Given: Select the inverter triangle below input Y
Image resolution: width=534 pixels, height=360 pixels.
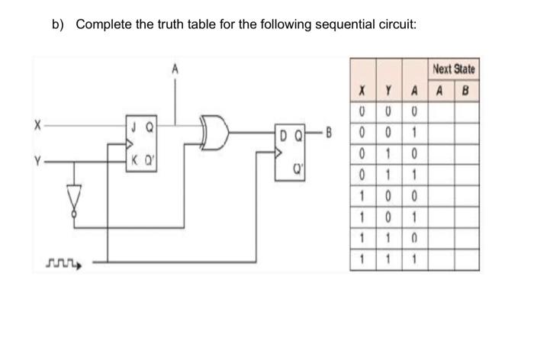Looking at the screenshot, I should pos(74,199).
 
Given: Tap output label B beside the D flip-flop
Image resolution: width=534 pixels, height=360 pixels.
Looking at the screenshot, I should pos(330,138).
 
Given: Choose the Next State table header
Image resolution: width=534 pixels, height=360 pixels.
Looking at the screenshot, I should pos(453,69).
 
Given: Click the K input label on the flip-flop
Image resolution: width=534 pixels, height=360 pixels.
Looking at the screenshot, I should pos(134,161).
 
